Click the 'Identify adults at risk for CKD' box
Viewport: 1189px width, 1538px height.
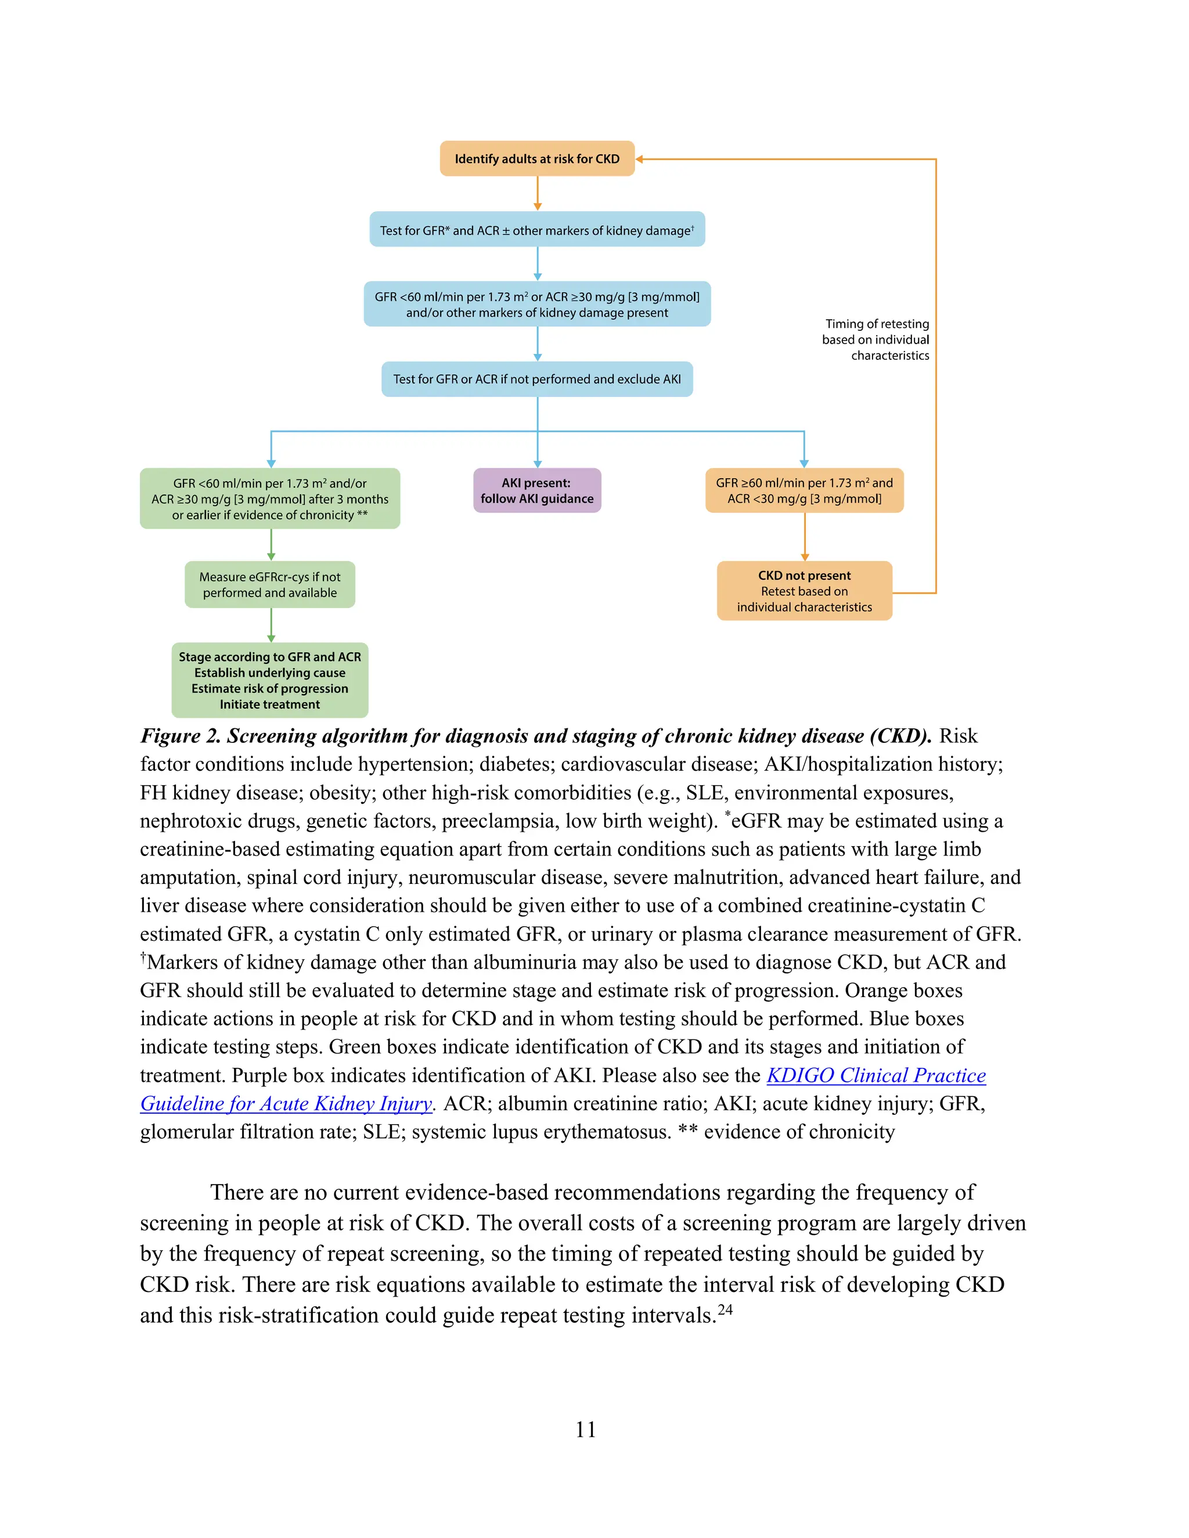(x=537, y=158)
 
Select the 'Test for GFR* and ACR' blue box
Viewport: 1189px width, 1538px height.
(x=537, y=230)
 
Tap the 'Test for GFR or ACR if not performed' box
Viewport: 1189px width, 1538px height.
(x=537, y=379)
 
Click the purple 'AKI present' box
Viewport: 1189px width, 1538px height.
(x=537, y=490)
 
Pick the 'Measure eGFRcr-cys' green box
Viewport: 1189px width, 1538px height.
(x=270, y=584)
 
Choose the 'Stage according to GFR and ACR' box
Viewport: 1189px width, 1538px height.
(x=270, y=680)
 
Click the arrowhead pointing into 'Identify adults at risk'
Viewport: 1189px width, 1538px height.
(x=640, y=159)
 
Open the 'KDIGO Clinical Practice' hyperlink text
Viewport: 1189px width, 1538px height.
(x=875, y=1075)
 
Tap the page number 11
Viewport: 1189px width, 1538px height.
(x=585, y=1429)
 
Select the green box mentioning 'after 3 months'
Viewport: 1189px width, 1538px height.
(x=270, y=499)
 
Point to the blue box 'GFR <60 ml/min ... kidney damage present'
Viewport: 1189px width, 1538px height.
(x=537, y=304)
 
